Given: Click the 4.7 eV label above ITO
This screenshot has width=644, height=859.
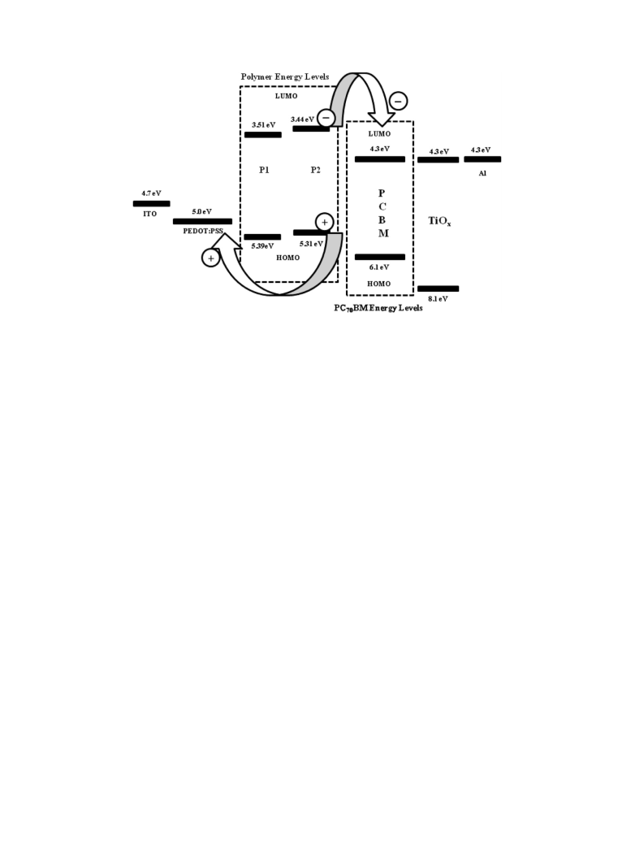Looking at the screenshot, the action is pyautogui.click(x=151, y=193).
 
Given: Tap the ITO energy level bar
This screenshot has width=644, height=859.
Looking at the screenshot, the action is pyautogui.click(x=151, y=204).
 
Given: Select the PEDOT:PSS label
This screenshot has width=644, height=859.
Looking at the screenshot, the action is pyautogui.click(x=203, y=231).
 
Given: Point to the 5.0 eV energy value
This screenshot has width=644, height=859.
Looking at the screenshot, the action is pyautogui.click(x=201, y=211).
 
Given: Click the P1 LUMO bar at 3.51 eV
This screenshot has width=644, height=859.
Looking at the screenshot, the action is pyautogui.click(x=263, y=135).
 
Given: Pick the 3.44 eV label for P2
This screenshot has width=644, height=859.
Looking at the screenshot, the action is pyautogui.click(x=302, y=119).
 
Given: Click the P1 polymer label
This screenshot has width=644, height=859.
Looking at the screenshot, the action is pyautogui.click(x=264, y=171).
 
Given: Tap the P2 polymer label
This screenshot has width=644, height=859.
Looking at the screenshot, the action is pyautogui.click(x=315, y=171).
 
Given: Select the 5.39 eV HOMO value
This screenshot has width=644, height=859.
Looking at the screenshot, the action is pyautogui.click(x=262, y=246).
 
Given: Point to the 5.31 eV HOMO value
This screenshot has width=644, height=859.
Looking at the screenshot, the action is pyautogui.click(x=311, y=244).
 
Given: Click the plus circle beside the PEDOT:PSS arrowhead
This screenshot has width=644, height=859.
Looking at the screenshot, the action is pyautogui.click(x=211, y=258).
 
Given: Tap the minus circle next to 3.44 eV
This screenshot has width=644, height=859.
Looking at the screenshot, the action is pyautogui.click(x=326, y=118).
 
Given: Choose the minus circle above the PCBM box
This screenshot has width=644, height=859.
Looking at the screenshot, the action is pyautogui.click(x=398, y=102).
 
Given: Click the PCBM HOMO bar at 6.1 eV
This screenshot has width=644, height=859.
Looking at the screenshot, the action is pyautogui.click(x=380, y=257).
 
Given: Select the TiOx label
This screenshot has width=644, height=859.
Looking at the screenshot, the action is pyautogui.click(x=439, y=221).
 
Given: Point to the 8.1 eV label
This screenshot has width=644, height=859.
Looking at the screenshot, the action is pyautogui.click(x=438, y=299).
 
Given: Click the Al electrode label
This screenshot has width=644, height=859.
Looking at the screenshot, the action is pyautogui.click(x=482, y=174).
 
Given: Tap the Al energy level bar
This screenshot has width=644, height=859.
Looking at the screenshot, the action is pyautogui.click(x=482, y=159).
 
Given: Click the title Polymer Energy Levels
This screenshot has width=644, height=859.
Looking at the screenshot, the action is pyautogui.click(x=285, y=77).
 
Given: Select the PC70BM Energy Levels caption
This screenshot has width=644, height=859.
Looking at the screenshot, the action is pyautogui.click(x=378, y=309).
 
